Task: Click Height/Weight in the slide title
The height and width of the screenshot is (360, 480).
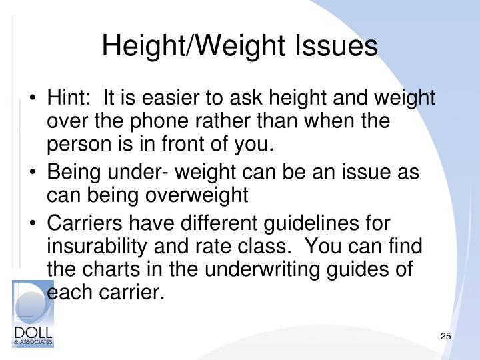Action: click(x=189, y=47)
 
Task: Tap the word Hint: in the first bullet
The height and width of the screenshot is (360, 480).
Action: click(x=69, y=99)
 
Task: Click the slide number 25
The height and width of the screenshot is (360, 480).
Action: click(x=446, y=336)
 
